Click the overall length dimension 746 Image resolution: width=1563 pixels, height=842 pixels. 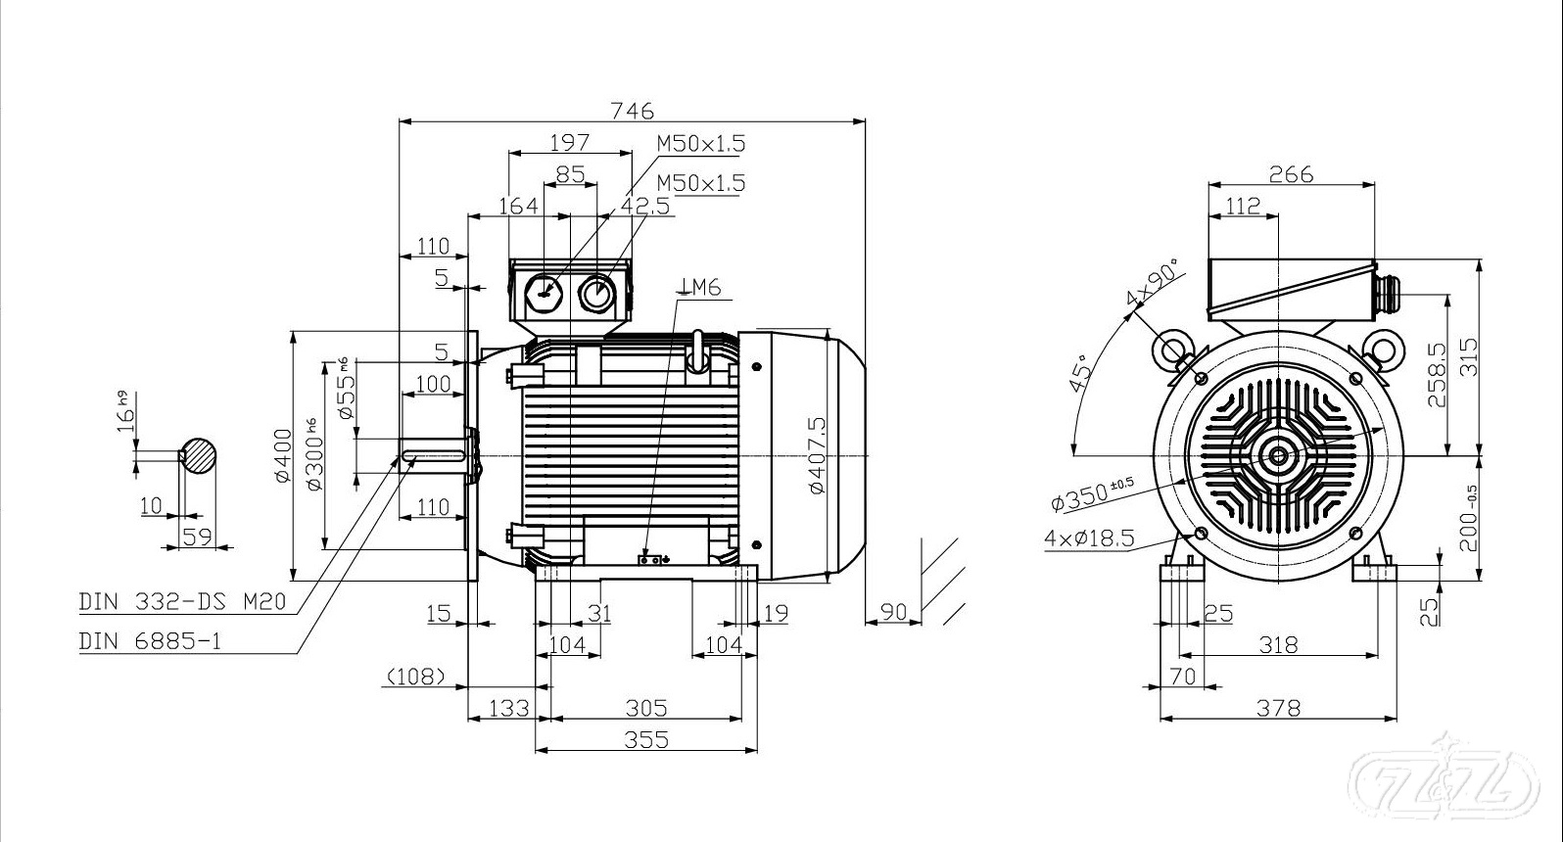pyautogui.click(x=632, y=111)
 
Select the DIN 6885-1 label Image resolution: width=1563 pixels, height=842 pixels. pyautogui.click(x=150, y=641)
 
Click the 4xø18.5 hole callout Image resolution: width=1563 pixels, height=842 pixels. pyautogui.click(x=1088, y=538)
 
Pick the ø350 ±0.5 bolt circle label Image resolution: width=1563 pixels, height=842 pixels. pyautogui.click(x=1091, y=494)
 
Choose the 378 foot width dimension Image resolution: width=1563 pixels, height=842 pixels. pyautogui.click(x=1278, y=707)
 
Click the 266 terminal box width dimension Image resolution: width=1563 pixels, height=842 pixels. pyautogui.click(x=1291, y=174)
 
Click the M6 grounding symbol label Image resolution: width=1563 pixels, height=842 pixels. pyautogui.click(x=702, y=287)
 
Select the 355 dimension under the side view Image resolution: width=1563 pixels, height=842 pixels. pyautogui.click(x=646, y=739)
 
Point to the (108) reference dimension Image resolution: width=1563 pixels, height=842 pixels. pyautogui.click(x=416, y=676)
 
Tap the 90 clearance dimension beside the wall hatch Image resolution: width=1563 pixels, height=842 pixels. pyautogui.click(x=893, y=612)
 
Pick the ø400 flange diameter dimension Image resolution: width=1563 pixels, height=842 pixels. pyautogui.click(x=283, y=455)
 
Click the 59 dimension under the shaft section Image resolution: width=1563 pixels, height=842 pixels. pyautogui.click(x=198, y=536)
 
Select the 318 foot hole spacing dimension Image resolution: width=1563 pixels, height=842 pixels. pyautogui.click(x=1278, y=644)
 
